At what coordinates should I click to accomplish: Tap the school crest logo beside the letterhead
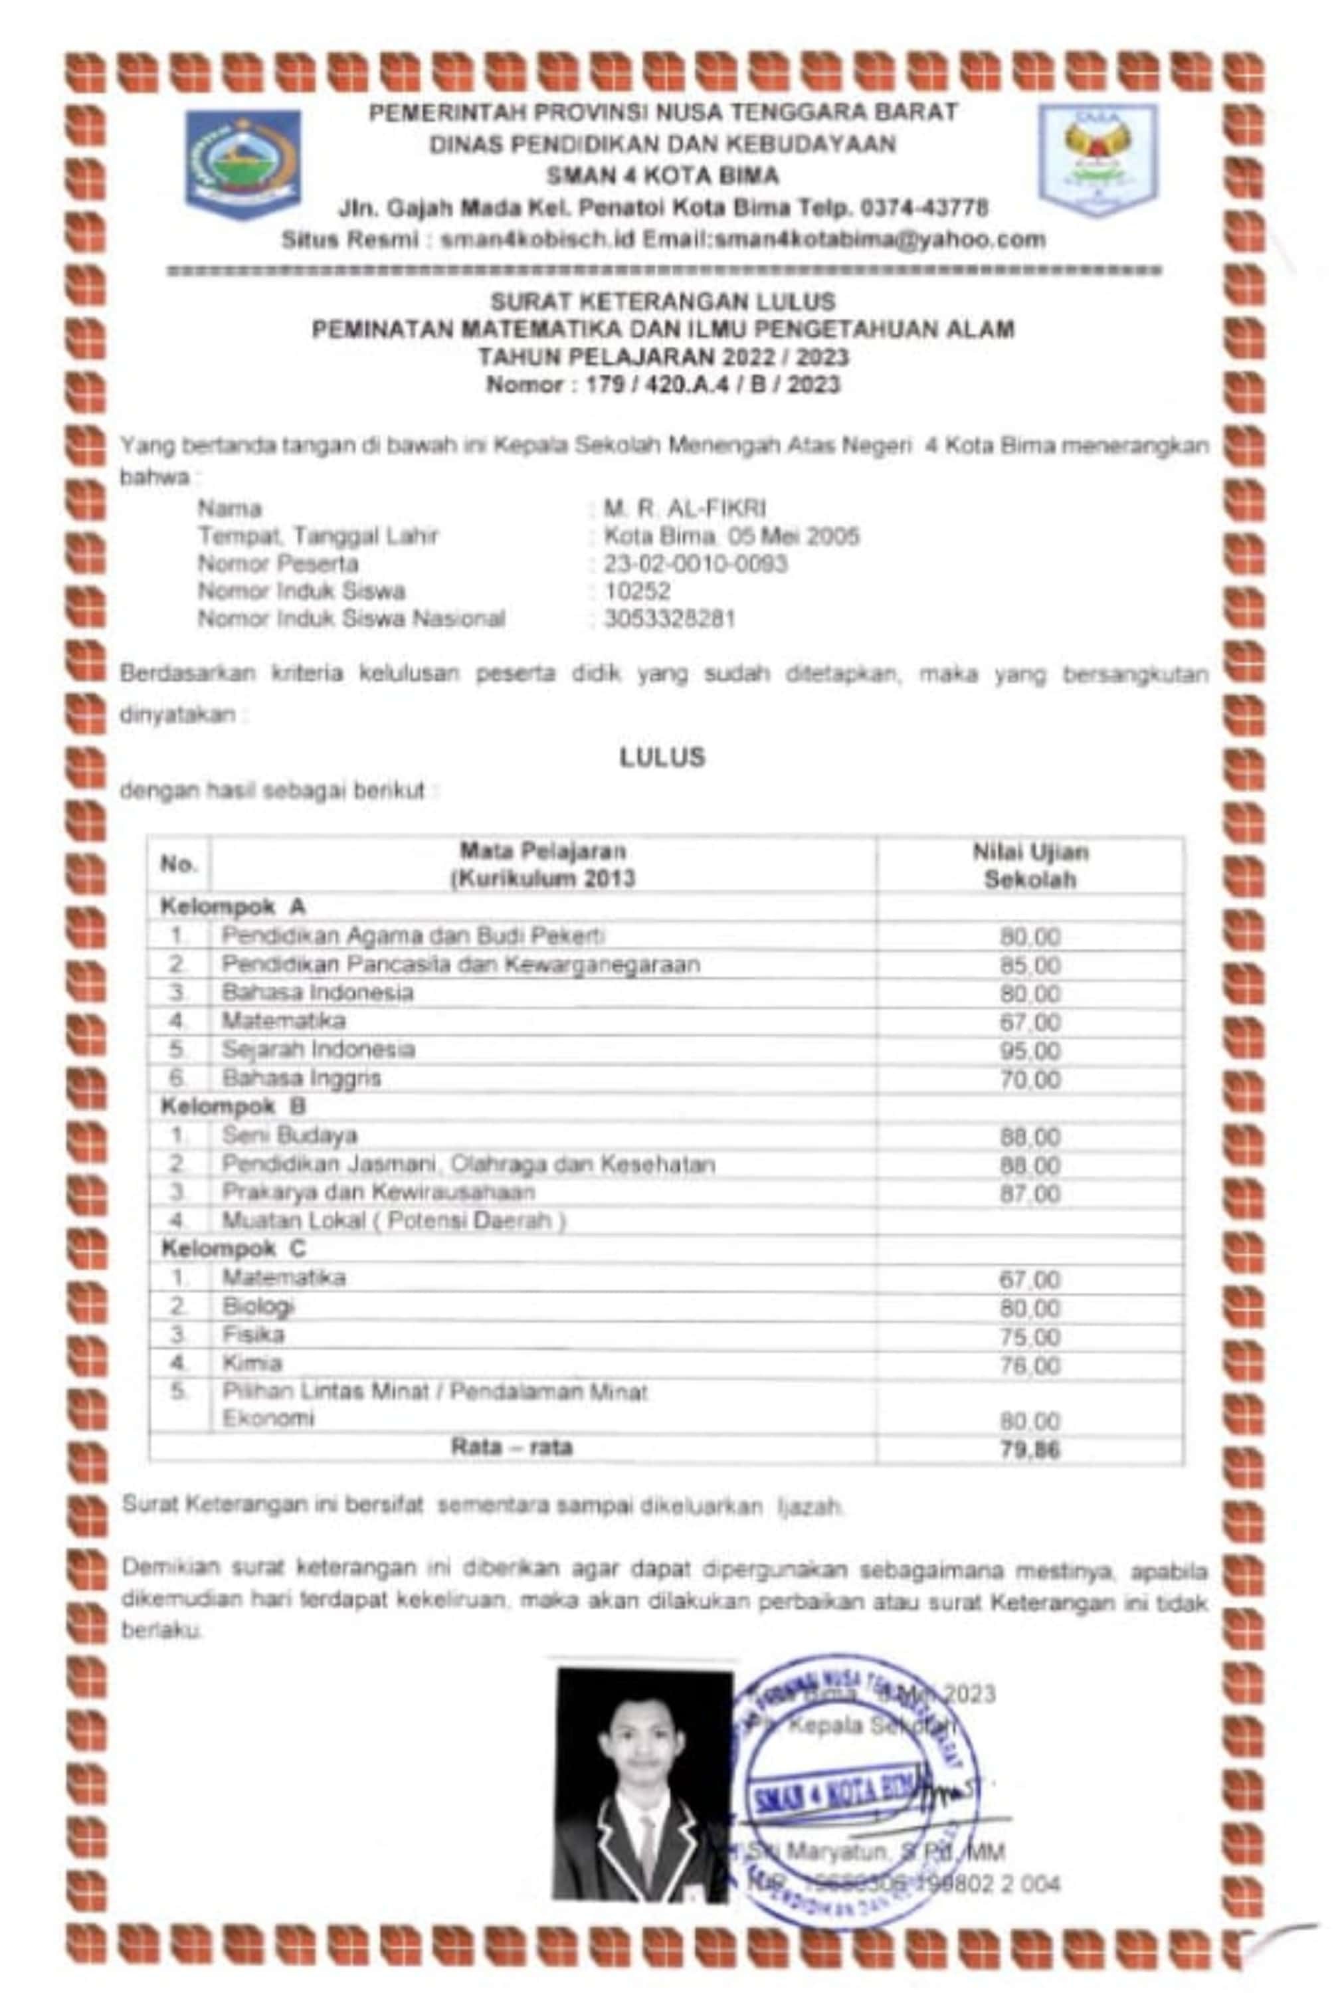1098,159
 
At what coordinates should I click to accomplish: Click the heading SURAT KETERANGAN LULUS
663,301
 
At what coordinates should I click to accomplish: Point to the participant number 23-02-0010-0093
696,564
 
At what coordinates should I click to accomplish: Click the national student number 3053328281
670,618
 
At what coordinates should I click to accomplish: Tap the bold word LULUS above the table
663,757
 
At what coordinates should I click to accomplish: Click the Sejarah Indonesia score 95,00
1030,1050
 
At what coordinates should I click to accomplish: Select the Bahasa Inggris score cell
1030,1080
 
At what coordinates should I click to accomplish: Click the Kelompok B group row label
233,1107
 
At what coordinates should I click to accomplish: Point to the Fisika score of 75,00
1030,1337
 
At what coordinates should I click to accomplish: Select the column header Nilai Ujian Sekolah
1030,865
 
